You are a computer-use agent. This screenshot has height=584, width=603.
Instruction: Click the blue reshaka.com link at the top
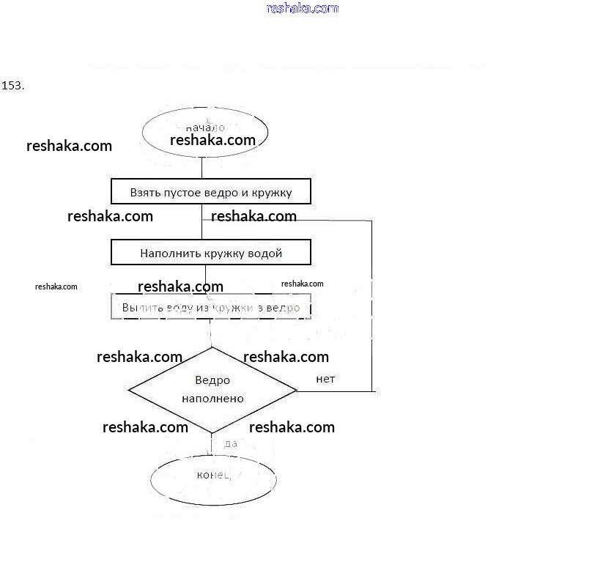(x=303, y=9)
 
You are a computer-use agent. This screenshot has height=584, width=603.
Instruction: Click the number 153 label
(x=13, y=86)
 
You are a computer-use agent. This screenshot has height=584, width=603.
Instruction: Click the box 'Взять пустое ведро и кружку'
(x=211, y=193)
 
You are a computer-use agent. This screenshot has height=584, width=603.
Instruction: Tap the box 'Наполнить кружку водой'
(x=211, y=254)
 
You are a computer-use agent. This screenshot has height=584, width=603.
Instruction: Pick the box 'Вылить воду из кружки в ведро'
(x=211, y=307)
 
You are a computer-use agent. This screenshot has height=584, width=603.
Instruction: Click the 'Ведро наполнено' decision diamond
(x=212, y=390)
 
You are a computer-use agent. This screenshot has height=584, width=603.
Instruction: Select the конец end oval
(x=213, y=478)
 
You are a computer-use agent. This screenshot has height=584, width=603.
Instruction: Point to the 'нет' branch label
(x=325, y=379)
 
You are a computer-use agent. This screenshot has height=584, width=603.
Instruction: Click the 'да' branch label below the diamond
(x=230, y=443)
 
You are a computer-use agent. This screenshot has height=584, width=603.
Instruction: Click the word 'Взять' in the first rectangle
(x=145, y=193)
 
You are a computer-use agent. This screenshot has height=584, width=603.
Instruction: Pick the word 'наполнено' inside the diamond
(x=212, y=399)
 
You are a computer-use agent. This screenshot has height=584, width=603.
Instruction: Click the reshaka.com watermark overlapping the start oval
(x=212, y=140)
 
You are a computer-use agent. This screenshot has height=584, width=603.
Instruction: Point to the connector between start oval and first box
(x=203, y=168)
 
